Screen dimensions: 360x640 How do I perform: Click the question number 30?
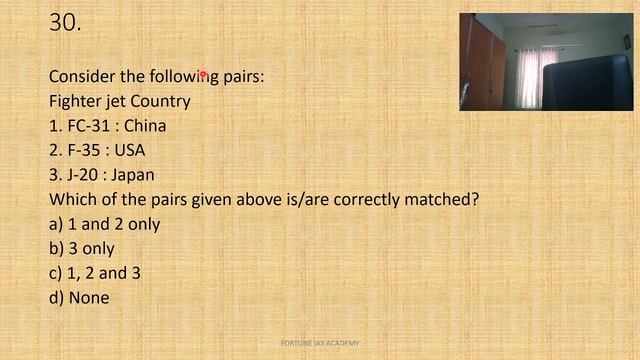coord(65,23)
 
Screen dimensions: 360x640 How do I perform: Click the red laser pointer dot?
coord(202,73)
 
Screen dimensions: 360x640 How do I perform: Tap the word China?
coord(145,126)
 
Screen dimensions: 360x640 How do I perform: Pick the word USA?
coord(129,150)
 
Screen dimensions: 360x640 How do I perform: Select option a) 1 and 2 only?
coord(104,224)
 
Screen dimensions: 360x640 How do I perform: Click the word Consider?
coord(83,77)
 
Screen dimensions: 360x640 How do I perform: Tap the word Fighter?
coord(77,101)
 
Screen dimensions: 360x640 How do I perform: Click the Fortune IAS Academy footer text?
coord(320,344)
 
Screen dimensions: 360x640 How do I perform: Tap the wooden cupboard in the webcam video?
coord(481,65)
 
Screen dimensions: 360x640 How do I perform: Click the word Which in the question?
coord(71,199)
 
